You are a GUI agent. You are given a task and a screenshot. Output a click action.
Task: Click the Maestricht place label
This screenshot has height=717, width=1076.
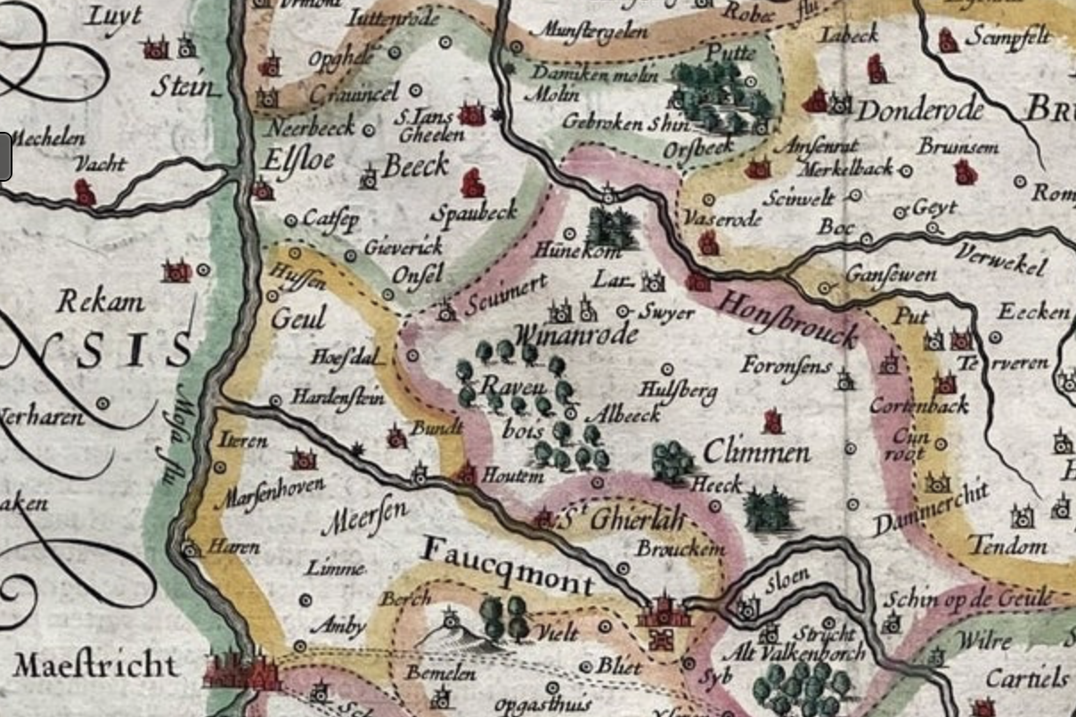point(94,665)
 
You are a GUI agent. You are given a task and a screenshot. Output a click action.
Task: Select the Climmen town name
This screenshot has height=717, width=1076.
point(756,452)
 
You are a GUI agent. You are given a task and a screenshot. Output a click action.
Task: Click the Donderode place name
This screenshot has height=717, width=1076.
point(920,110)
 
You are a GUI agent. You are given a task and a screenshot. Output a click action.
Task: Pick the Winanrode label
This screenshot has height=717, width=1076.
point(575,335)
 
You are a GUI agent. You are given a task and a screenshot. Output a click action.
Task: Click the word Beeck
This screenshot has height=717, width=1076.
point(415,167)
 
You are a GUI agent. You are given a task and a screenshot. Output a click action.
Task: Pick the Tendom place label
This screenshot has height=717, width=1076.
point(1007,544)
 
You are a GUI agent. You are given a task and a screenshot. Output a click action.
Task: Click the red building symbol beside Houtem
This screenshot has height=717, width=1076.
point(466,474)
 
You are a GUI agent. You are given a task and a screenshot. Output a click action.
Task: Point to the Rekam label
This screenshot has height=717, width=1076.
point(101,302)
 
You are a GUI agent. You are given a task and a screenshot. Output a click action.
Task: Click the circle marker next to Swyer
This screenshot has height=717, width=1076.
point(624,311)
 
